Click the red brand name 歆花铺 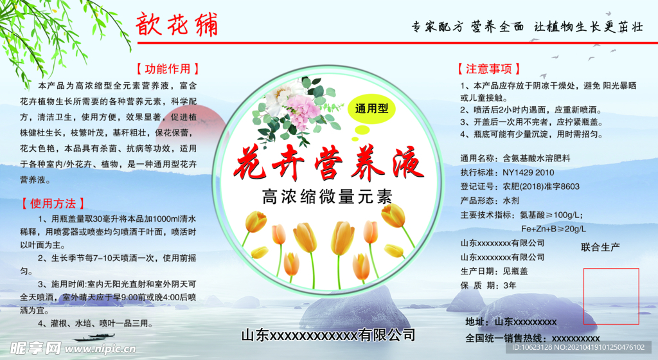pyautogui.click(x=177, y=25)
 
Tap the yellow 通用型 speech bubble pyautogui.click(x=372, y=110)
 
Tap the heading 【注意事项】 pyautogui.click(x=488, y=69)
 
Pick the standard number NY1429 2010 pyautogui.click(x=528, y=172)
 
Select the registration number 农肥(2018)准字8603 pyautogui.click(x=541, y=186)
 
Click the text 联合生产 pyautogui.click(x=600, y=247)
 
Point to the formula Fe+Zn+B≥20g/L pyautogui.click(x=553, y=228)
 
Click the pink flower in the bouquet pyautogui.click(x=303, y=108)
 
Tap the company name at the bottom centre pyautogui.click(x=328, y=335)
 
